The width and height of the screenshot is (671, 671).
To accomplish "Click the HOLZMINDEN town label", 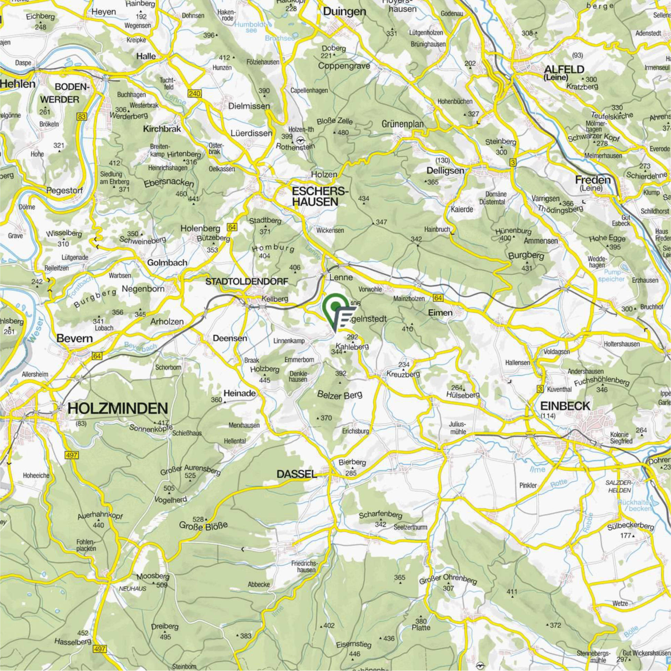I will point(117,408).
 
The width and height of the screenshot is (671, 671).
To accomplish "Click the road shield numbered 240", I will point(194,93).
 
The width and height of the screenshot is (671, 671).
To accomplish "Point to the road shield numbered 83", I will point(81,117).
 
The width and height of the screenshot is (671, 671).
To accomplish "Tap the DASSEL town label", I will point(297,474).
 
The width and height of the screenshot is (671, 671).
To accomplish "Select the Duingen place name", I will point(344,12).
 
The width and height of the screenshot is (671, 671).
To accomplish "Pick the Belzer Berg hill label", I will point(340,394).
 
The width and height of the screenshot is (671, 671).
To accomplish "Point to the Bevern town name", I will point(75,338).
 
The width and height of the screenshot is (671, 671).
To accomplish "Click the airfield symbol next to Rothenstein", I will point(301,141).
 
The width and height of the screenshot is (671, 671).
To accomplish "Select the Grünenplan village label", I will point(402,124).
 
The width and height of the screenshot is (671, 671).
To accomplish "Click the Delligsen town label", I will point(445,171).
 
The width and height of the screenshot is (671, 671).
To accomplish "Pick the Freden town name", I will point(592,180).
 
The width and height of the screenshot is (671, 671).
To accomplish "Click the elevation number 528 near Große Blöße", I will point(198,519).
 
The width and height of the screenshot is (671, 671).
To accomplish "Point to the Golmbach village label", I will point(167,262).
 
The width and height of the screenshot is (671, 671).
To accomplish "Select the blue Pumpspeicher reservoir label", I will point(614,276).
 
